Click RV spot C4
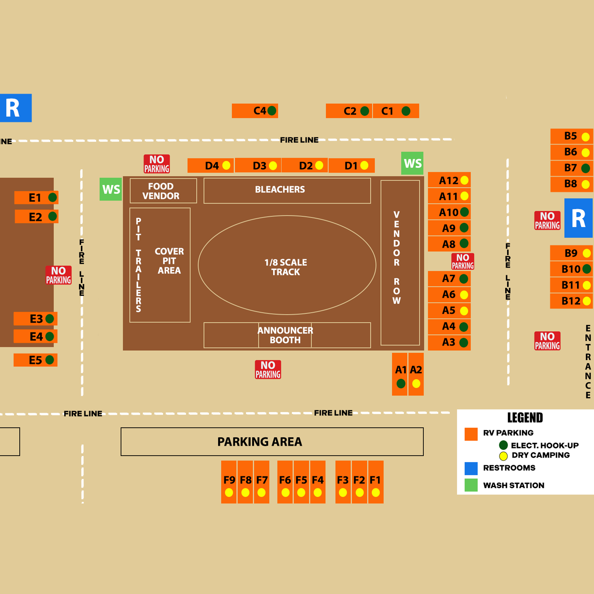point(255,111)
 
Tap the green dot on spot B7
point(585,168)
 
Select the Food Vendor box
point(163,191)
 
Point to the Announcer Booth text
point(285,335)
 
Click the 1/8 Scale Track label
point(286,267)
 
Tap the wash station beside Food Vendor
point(111,189)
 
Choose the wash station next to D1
point(412,163)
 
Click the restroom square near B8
point(578,218)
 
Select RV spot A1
point(400,374)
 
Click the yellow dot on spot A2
point(416,383)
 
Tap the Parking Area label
point(260,442)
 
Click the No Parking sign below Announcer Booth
point(268,369)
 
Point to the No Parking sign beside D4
point(157,164)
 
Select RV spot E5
point(35,360)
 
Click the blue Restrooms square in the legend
point(471,468)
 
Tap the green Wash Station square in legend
point(471,485)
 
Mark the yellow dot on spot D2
point(319,165)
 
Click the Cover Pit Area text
point(169,261)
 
